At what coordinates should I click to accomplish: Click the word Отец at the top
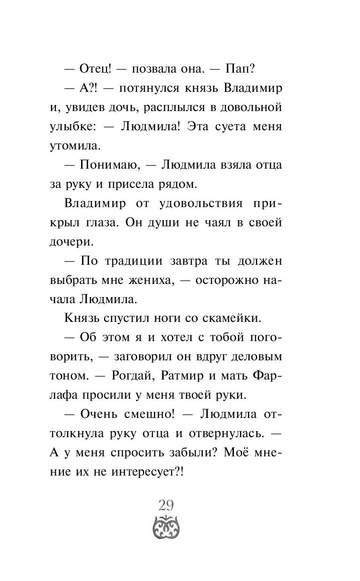pyautogui.click(x=95, y=68)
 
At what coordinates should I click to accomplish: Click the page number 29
pyautogui.click(x=166, y=505)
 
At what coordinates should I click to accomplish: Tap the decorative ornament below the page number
pyautogui.click(x=166, y=525)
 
